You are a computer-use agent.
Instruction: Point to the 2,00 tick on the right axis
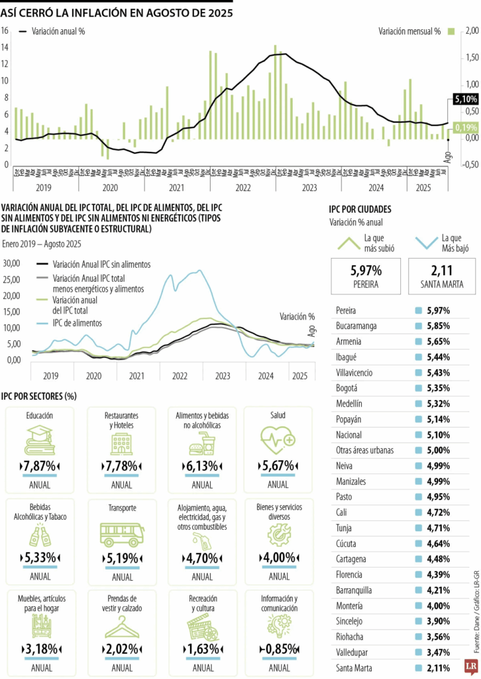pos(472,31)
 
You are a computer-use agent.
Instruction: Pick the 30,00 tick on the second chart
pos(13,263)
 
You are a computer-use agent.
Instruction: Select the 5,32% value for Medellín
pos(439,402)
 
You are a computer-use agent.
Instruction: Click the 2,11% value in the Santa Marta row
pos(439,668)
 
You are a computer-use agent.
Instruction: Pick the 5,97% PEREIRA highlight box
pos(366,275)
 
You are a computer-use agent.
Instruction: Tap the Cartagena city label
pos(351,558)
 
